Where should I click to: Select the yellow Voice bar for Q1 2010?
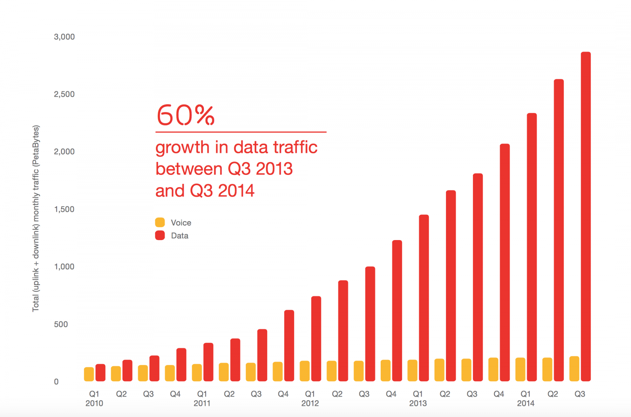coord(89,374)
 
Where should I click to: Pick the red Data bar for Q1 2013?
coord(424,298)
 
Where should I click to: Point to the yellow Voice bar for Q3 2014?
coord(574,369)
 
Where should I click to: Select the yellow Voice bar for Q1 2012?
coord(305,371)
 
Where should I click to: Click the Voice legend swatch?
coord(160,223)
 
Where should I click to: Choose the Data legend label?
coord(179,236)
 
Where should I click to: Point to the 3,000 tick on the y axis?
coord(64,37)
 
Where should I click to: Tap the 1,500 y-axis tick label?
coord(64,209)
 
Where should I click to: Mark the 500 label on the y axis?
coord(61,324)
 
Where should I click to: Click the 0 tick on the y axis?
coord(56,382)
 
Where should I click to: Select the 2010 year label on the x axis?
coord(94,403)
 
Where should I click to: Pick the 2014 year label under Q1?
coord(525,403)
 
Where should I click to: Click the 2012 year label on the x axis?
coord(310,403)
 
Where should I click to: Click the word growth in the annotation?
coord(182,148)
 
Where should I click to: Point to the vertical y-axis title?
coord(36,218)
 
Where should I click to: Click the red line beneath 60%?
coord(241,132)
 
